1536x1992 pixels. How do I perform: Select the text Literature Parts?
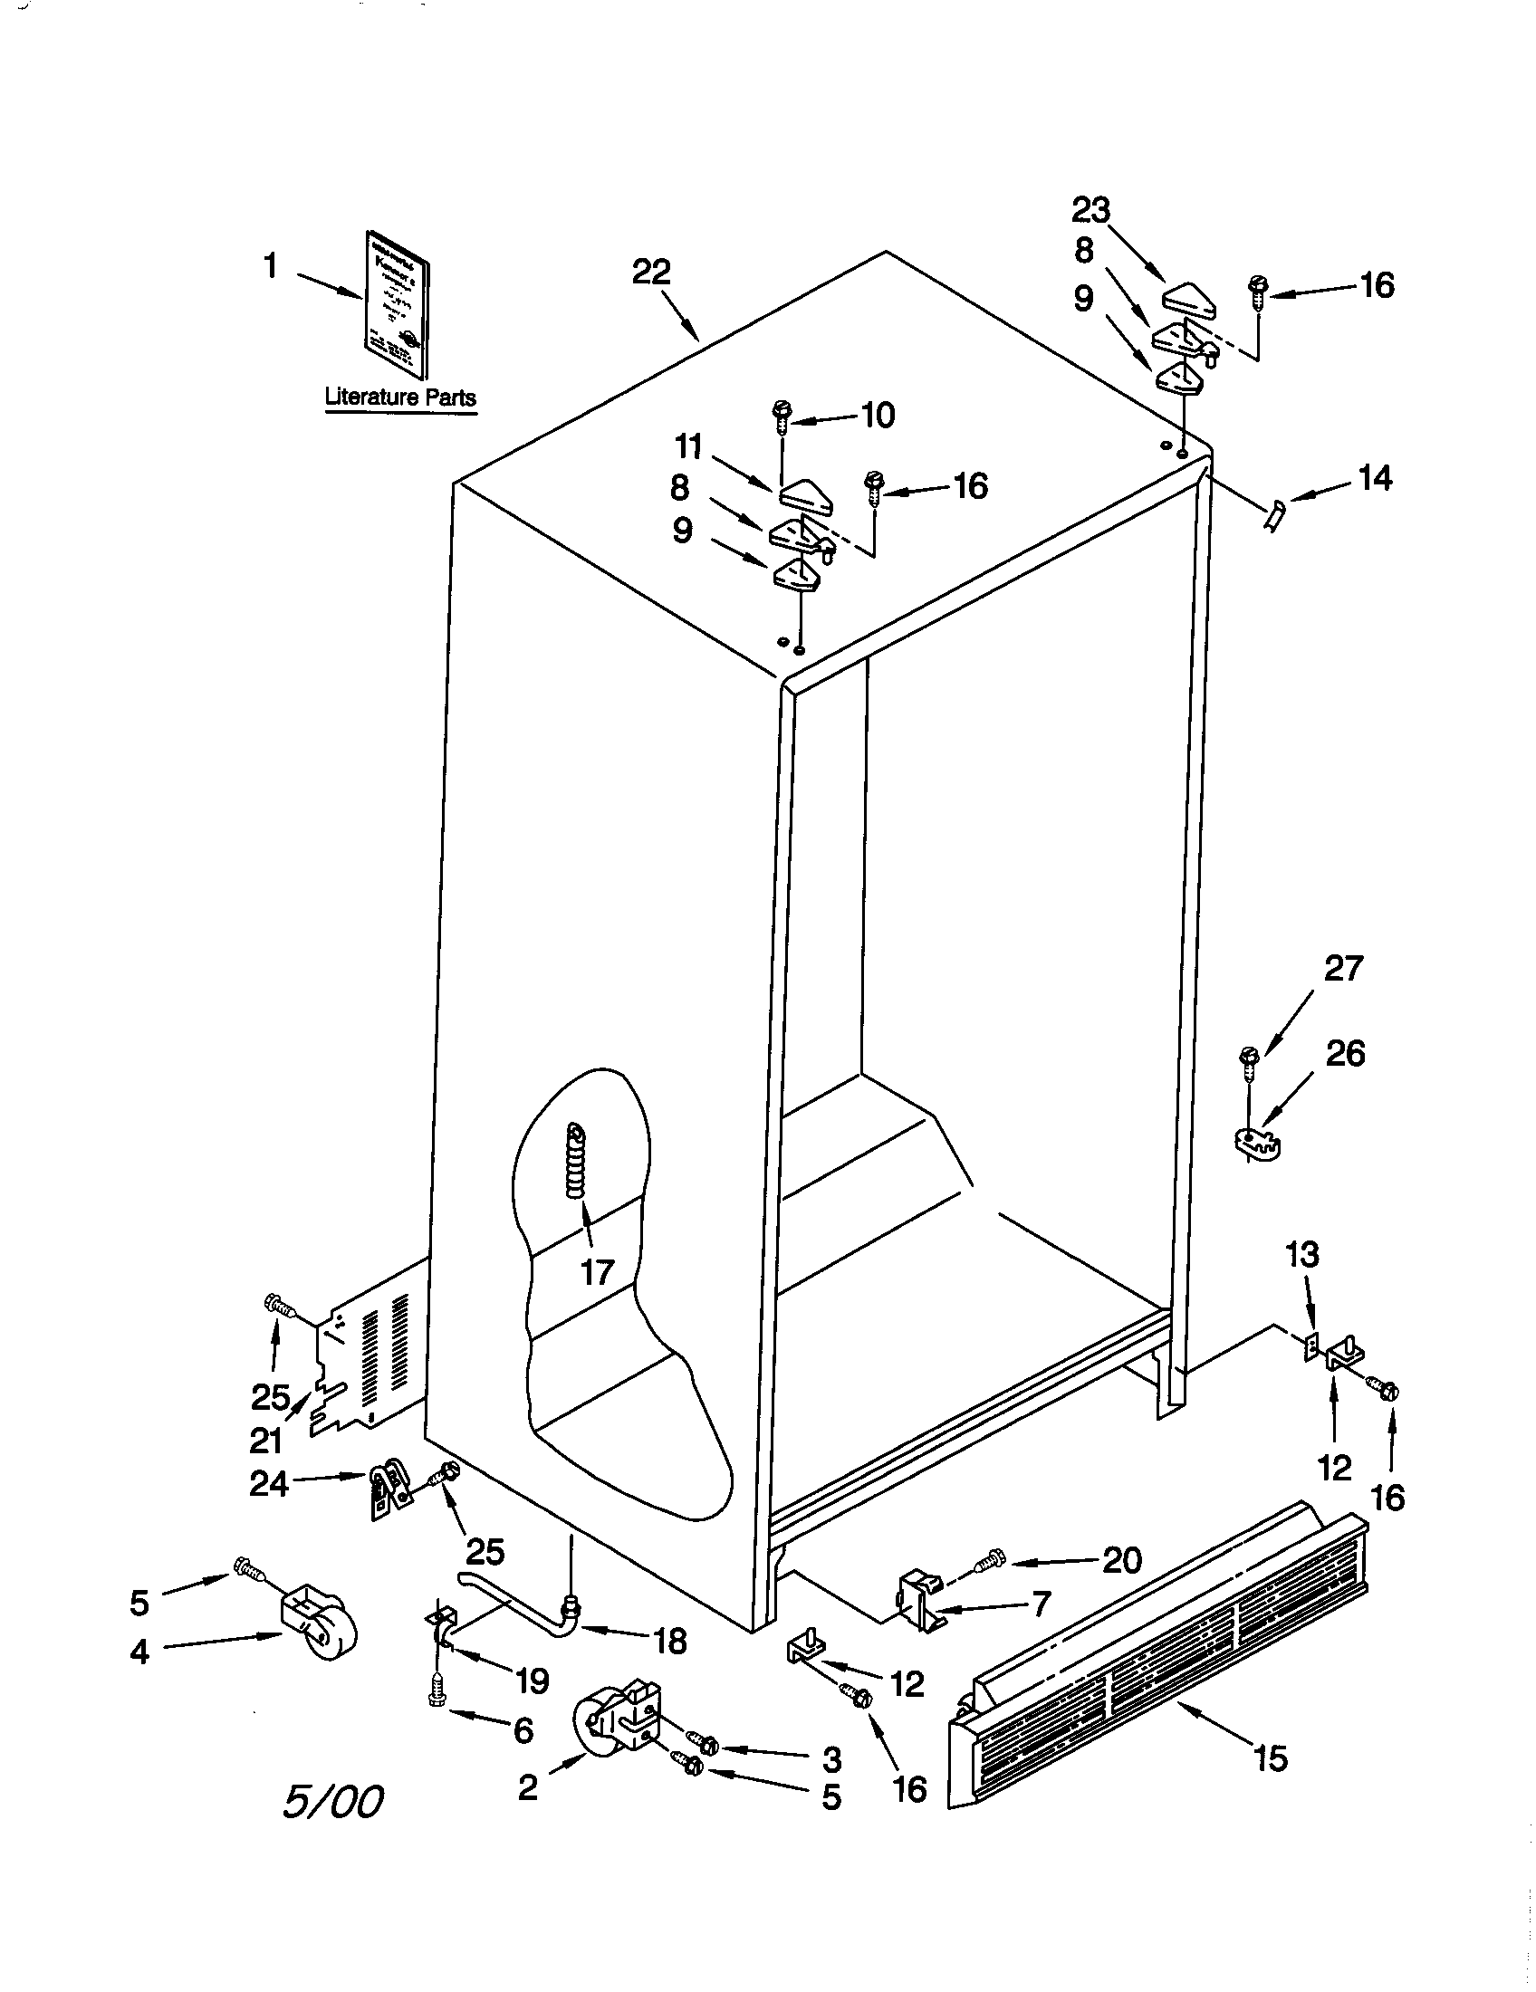[400, 397]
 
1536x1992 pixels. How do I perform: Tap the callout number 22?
[651, 272]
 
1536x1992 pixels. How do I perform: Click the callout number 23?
[1090, 211]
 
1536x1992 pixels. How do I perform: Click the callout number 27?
[1342, 968]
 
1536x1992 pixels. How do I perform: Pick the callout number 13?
[1301, 1255]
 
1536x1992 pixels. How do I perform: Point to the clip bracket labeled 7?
[921, 1602]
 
